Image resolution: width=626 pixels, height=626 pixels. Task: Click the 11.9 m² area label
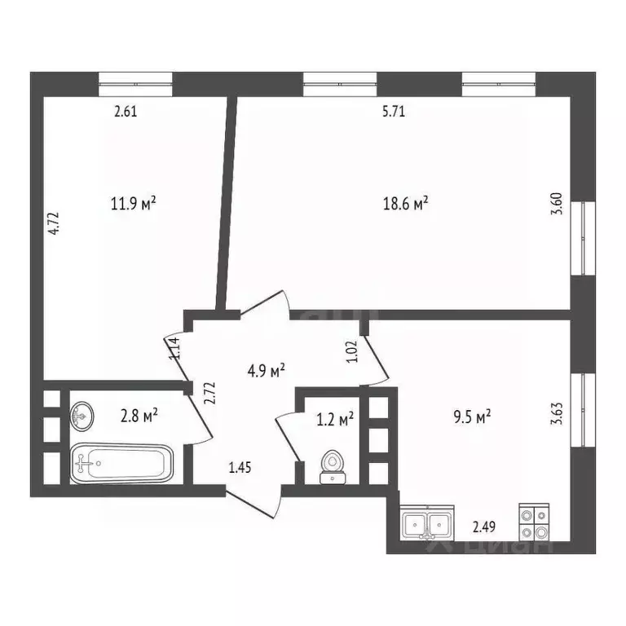[x=134, y=202]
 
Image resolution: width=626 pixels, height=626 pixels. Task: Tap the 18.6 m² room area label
[x=407, y=205]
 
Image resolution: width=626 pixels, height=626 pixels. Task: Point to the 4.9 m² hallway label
[x=266, y=371]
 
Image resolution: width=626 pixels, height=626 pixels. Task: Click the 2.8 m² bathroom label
[x=139, y=417]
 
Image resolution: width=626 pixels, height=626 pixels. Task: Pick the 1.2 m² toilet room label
[x=334, y=420]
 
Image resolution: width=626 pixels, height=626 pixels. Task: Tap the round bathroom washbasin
[x=82, y=417]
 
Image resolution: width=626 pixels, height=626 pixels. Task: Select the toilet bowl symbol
[x=331, y=465]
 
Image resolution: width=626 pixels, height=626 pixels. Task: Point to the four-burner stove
[x=535, y=523]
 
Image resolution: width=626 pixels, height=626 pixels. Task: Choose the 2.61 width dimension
[x=125, y=112]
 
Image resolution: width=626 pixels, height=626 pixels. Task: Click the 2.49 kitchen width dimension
[x=484, y=527]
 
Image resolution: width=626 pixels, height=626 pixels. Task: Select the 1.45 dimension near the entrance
[x=239, y=467]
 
